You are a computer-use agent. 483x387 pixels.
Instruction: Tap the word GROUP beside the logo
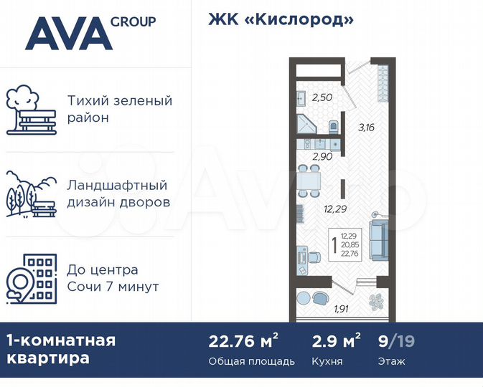pyautogui.click(x=133, y=21)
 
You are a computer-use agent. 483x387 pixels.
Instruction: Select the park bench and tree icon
pyautogui.click(x=31, y=111)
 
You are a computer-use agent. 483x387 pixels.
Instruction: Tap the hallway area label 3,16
pyautogui.click(x=366, y=128)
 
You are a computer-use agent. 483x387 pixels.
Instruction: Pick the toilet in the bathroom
pyautogui.click(x=334, y=127)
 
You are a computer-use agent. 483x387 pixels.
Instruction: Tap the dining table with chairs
pyautogui.click(x=309, y=181)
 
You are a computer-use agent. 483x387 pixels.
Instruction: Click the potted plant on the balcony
pyautogui.click(x=377, y=302)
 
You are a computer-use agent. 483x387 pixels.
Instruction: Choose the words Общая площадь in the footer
pyautogui.click(x=251, y=362)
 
